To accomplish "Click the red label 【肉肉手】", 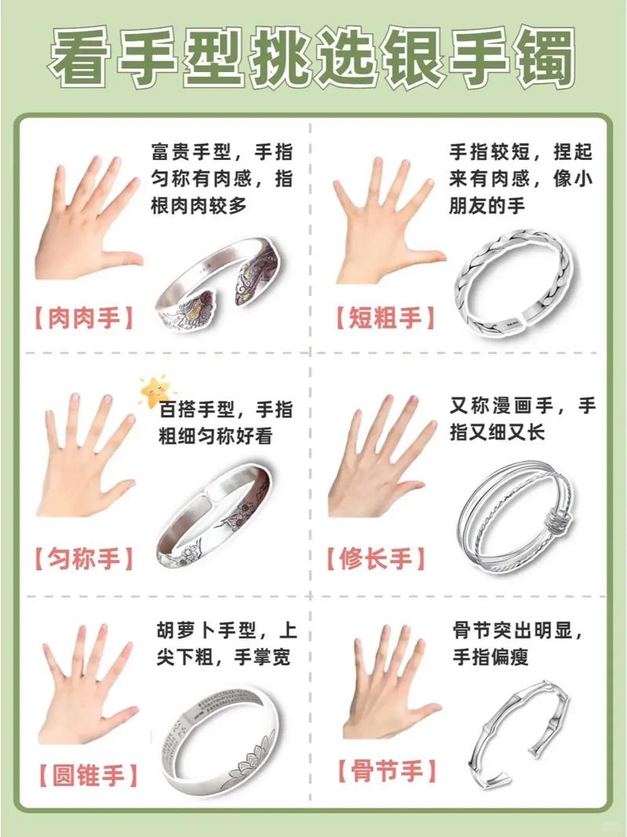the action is (83, 318).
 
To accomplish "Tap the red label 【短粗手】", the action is (385, 318).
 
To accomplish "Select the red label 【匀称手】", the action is (83, 559).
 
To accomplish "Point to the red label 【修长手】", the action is (375, 559).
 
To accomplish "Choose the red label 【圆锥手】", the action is (88, 775).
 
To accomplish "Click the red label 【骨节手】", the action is (387, 771).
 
